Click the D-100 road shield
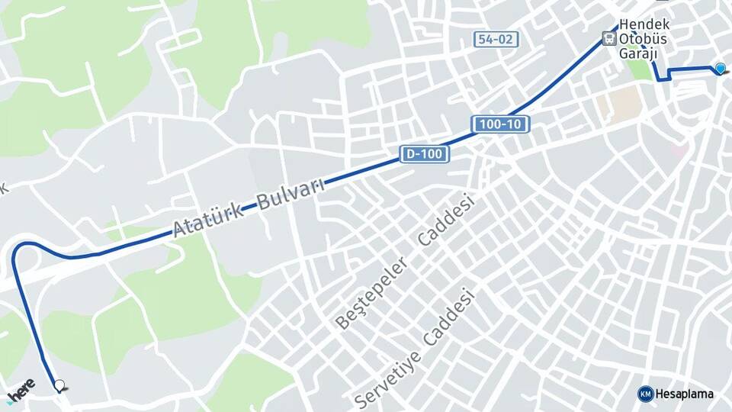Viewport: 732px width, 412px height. point(425,154)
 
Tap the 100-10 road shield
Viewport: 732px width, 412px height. point(499,124)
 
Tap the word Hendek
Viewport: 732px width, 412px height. point(644,24)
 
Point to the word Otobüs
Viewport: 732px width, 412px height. point(644,38)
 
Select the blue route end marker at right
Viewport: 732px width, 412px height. point(720,69)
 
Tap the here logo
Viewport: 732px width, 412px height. point(21,389)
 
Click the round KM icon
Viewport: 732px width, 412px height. point(645,394)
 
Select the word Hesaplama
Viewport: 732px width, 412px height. point(685,394)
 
